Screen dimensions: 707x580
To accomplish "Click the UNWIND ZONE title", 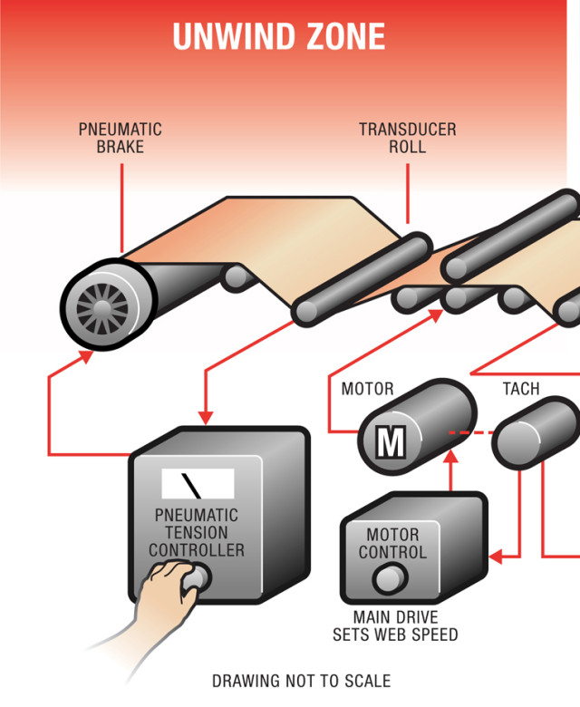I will pyautogui.click(x=279, y=37).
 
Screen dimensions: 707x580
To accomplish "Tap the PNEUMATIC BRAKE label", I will pyautogui.click(x=120, y=138).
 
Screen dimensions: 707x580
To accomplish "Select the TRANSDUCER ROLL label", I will pyautogui.click(x=407, y=138).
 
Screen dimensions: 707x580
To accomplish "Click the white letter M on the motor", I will pyautogui.click(x=391, y=443).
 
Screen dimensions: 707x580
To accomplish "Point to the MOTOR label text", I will pyautogui.click(x=367, y=390).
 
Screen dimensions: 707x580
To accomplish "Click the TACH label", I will pyautogui.click(x=521, y=389).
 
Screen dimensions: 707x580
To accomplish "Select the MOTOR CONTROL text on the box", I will pyautogui.click(x=391, y=543).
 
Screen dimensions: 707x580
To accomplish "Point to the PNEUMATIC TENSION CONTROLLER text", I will pyautogui.click(x=197, y=533).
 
